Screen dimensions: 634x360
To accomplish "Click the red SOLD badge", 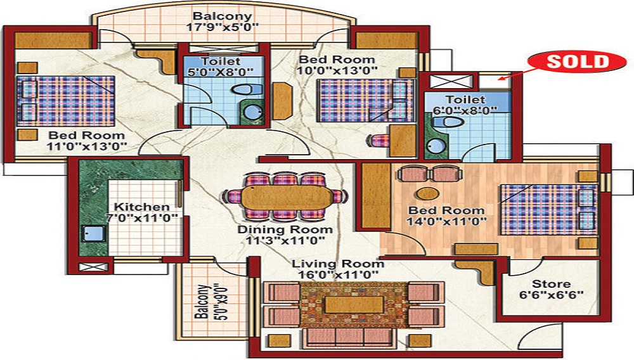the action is [x=577, y=62].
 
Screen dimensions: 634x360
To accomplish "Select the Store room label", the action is [x=551, y=284].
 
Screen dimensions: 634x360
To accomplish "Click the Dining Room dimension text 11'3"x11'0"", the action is [x=285, y=241].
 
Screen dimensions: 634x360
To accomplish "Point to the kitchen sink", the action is [x=94, y=233].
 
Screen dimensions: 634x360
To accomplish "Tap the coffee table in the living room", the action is [x=354, y=305].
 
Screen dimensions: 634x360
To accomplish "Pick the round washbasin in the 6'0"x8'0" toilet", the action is [x=435, y=145].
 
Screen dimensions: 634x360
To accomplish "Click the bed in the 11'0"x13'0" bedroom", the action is [x=65, y=101].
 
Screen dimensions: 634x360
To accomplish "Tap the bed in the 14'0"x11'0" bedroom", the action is [x=548, y=210].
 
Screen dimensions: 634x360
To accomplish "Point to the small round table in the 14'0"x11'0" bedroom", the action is [x=428, y=193].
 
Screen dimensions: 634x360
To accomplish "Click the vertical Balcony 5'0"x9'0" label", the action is [x=210, y=302].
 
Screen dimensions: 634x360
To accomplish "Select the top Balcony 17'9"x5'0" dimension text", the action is [x=222, y=27].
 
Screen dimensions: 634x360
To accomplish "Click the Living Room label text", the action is [x=338, y=264].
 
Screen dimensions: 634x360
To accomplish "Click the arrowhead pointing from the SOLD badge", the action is [x=501, y=79].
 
